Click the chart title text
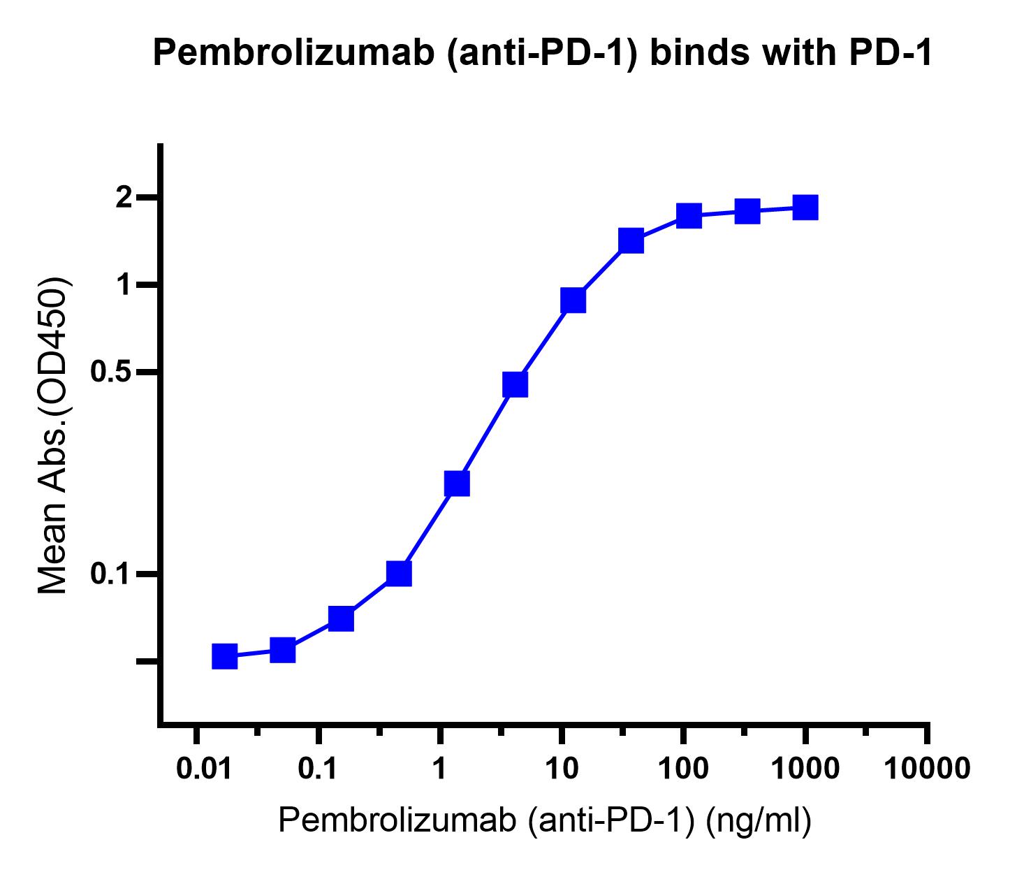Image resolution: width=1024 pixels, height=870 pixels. pyautogui.click(x=542, y=54)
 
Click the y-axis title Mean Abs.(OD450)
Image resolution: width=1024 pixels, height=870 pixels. pyautogui.click(x=54, y=436)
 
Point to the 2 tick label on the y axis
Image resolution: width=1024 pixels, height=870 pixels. pyautogui.click(x=125, y=198)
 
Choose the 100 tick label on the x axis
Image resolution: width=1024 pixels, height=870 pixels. pyautogui.click(x=683, y=769)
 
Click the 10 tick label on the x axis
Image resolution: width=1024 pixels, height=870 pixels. pyautogui.click(x=562, y=769)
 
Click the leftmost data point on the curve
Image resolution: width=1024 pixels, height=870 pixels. pyautogui.click(x=224, y=656)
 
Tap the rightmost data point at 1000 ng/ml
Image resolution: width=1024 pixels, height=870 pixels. pyautogui.click(x=805, y=208)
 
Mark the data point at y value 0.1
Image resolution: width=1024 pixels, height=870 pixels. pyautogui.click(x=399, y=574)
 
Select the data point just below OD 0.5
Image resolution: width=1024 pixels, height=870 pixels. pyautogui.click(x=515, y=384)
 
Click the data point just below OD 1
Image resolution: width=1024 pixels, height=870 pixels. pyautogui.click(x=573, y=300)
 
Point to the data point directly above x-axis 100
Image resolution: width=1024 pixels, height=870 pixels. pyautogui.click(x=689, y=216)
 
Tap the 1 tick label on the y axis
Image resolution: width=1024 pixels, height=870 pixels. pyautogui.click(x=126, y=285)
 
